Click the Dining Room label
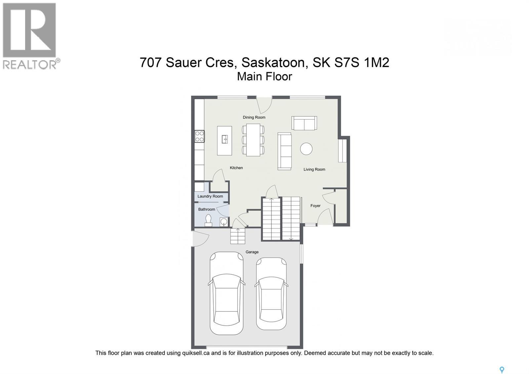click(254, 117)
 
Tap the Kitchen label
click(236, 168)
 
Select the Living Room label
click(314, 169)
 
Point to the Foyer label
click(315, 206)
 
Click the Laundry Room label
click(210, 196)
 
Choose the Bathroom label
click(207, 209)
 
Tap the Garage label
click(252, 252)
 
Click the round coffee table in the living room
click(306, 149)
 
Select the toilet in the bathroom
click(208, 220)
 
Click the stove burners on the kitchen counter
click(199, 136)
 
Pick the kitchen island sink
click(225, 139)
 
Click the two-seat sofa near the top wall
click(304, 123)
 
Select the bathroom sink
click(224, 221)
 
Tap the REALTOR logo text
click(30, 64)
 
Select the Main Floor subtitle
click(264, 76)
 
